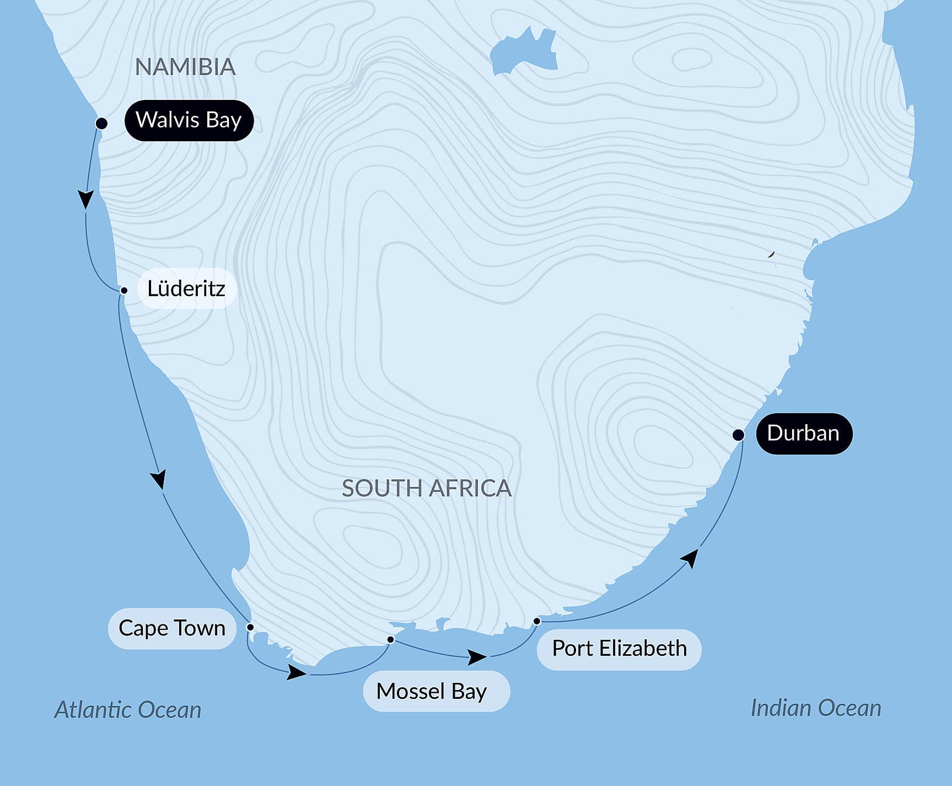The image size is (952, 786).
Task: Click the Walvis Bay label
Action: coord(189,120)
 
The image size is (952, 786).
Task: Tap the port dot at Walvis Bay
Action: coord(101,123)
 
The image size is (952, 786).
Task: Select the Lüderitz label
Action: coord(186,288)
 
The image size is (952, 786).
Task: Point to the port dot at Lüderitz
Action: coord(124,290)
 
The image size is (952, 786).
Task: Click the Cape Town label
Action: coord(172,628)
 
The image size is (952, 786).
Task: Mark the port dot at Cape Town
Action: coord(250,627)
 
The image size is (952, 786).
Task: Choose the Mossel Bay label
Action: coord(432,691)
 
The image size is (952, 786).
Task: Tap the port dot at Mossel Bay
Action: coord(390,640)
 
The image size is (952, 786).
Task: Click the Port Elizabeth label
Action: coord(619,649)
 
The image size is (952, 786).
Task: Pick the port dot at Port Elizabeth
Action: coord(537,622)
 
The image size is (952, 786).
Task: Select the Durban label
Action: coord(803,434)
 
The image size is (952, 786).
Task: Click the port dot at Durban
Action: coord(738,435)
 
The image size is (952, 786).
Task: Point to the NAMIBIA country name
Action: coord(185,67)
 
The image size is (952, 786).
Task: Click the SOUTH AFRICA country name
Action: coord(427,488)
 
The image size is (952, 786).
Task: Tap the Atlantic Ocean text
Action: coord(128,710)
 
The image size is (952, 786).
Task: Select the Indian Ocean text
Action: coord(816,708)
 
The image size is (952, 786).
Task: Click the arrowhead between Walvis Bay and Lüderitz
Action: coord(86,199)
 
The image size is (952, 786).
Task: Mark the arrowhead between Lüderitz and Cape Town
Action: coord(159,479)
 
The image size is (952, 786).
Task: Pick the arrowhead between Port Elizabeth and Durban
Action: coord(690,558)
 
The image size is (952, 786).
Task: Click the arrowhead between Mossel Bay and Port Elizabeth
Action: coord(477,656)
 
